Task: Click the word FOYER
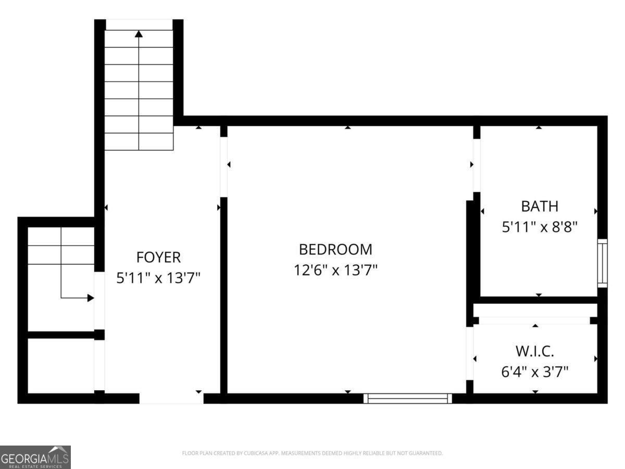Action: click(x=158, y=257)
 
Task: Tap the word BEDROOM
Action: click(x=335, y=250)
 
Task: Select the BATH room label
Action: click(x=540, y=206)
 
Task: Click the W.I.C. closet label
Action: click(x=535, y=351)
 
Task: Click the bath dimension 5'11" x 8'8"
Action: click(x=540, y=228)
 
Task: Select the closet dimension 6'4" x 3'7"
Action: click(x=535, y=372)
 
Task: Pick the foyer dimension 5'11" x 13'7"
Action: click(x=158, y=278)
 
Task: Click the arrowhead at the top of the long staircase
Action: click(x=139, y=34)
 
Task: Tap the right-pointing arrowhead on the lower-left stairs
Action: click(x=91, y=298)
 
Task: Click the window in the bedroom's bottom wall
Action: click(x=407, y=399)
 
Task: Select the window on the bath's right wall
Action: click(x=602, y=263)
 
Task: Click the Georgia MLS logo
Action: click(x=35, y=457)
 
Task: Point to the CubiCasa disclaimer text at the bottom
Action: click(x=312, y=453)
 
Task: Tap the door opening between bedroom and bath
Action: click(x=476, y=165)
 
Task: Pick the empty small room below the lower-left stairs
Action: click(x=60, y=365)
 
